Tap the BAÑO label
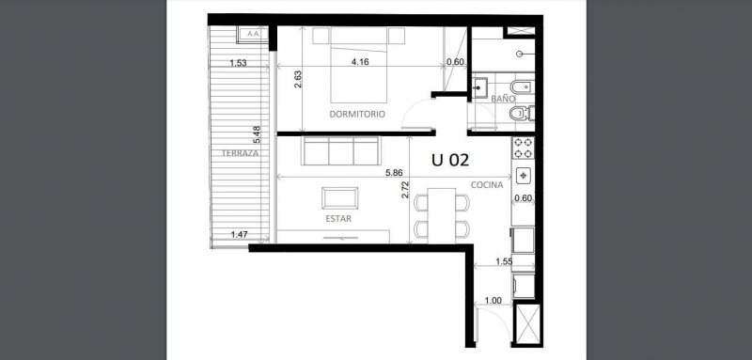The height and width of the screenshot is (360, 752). (x=503, y=98)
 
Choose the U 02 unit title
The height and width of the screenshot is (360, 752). (x=450, y=160)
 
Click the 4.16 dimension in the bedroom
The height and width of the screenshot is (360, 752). (x=359, y=63)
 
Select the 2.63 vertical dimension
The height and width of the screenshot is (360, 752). (x=298, y=81)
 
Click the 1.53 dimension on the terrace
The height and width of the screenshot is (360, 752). (x=238, y=64)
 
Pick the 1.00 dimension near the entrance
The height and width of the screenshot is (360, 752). (x=492, y=301)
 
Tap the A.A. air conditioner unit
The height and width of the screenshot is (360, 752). (x=252, y=34)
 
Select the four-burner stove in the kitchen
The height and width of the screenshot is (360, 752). (x=523, y=148)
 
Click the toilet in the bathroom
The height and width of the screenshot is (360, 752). (x=518, y=115)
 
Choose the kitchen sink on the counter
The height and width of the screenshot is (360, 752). (x=523, y=175)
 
